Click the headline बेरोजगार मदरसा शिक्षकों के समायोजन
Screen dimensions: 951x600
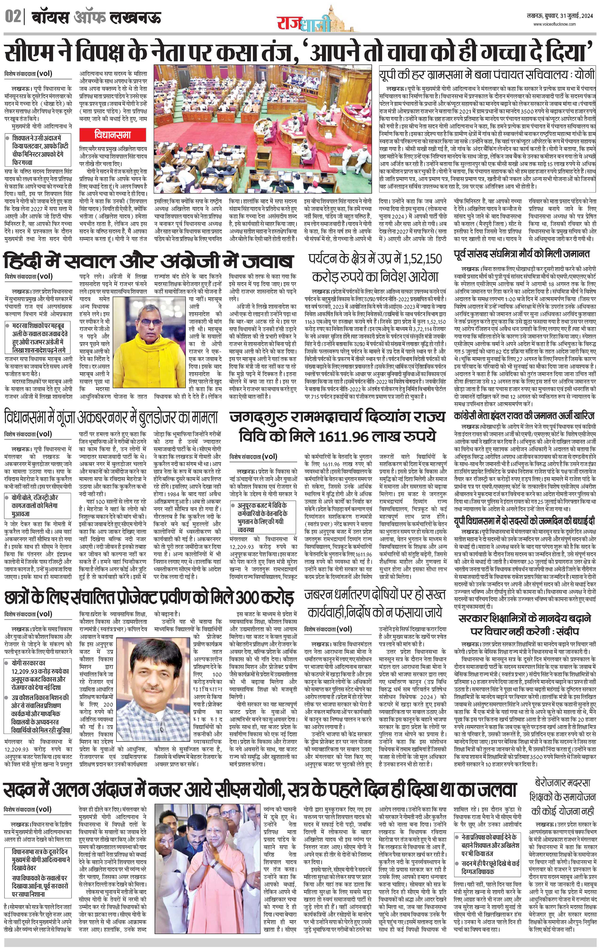562,791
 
